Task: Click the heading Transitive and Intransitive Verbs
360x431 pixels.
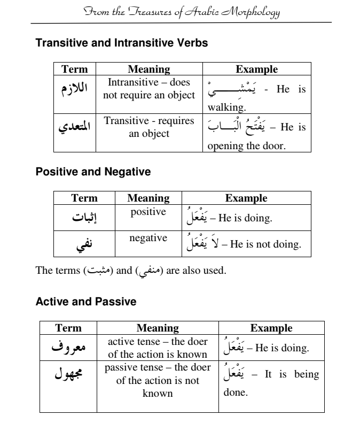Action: coord(121,43)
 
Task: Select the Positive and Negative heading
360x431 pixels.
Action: coord(93,172)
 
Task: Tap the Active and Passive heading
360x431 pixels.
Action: coord(85,302)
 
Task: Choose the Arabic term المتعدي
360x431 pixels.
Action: coord(75,127)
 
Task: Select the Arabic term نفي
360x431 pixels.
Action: coord(84,244)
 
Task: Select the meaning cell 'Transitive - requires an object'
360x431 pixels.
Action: coord(149,127)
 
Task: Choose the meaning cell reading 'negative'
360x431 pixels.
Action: coord(148,238)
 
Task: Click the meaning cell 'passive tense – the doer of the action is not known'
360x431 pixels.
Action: coord(158,381)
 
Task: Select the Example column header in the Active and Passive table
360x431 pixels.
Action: coord(271,328)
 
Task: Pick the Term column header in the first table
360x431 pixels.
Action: coord(75,69)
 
